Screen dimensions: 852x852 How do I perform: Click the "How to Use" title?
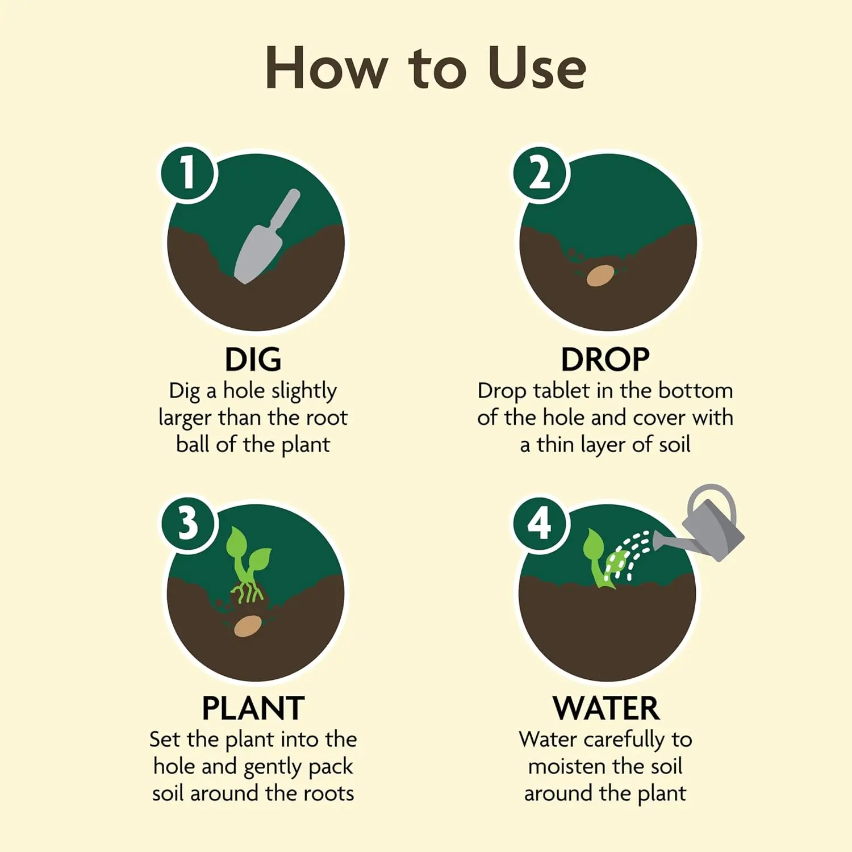[x=425, y=68]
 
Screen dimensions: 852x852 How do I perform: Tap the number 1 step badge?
[x=187, y=173]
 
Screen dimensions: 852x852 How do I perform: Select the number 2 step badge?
[x=540, y=173]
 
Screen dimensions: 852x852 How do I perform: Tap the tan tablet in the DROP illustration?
[x=600, y=275]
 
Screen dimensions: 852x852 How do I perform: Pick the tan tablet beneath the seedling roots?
[x=248, y=626]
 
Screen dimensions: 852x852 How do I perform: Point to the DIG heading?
[x=253, y=360]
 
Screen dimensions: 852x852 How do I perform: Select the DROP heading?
[x=605, y=360]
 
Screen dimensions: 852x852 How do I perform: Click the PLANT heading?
[x=253, y=708]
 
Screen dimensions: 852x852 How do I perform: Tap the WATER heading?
[x=605, y=708]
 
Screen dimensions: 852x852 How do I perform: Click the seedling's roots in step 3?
[x=245, y=592]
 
